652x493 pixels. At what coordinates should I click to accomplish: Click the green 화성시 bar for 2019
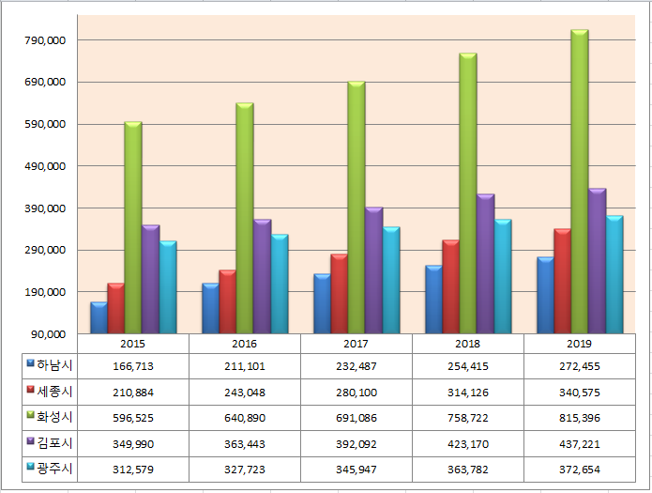click(579, 181)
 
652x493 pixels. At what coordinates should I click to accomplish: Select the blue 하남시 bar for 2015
click(99, 317)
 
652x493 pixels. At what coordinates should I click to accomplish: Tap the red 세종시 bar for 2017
click(340, 294)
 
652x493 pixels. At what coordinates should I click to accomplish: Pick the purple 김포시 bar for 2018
click(485, 264)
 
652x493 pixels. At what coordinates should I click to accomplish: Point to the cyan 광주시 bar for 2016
click(280, 284)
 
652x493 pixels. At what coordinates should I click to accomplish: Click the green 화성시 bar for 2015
click(133, 228)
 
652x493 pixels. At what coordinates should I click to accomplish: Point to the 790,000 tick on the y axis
click(45, 40)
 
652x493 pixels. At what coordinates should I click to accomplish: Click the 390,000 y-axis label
click(45, 208)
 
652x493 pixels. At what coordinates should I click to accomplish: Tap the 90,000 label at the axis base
click(48, 334)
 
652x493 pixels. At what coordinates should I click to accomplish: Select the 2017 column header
click(356, 344)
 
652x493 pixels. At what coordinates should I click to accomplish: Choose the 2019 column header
click(579, 344)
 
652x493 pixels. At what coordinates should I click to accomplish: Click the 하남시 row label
click(54, 365)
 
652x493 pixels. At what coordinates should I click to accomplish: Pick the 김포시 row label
click(54, 442)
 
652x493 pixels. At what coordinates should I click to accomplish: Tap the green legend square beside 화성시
click(30, 415)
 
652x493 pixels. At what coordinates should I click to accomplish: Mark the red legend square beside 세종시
click(30, 390)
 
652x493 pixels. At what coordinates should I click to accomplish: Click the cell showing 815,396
click(580, 418)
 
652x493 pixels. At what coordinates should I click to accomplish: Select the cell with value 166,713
click(133, 366)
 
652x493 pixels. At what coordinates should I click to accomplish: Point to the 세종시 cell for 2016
click(245, 393)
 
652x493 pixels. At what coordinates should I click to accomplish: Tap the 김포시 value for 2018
click(468, 444)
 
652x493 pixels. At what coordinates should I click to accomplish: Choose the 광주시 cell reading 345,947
click(356, 470)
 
